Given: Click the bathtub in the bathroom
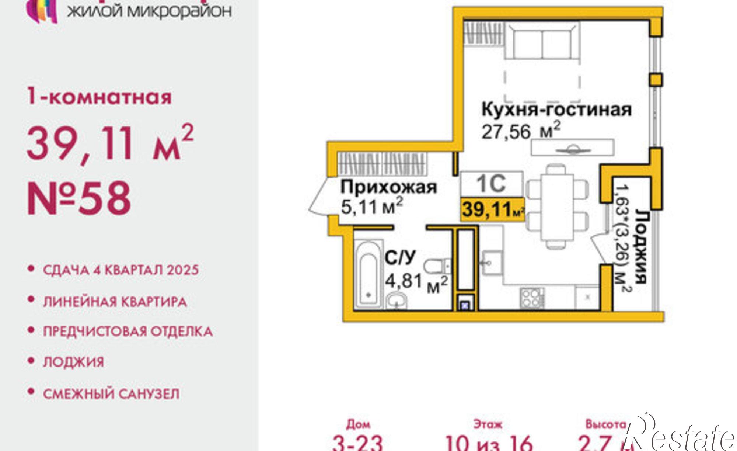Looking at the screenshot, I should pyautogui.click(x=368, y=275).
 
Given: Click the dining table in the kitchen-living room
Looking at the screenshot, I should pyautogui.click(x=556, y=207).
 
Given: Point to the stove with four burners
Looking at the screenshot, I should pyautogui.click(x=532, y=298).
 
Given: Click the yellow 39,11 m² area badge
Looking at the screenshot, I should pyautogui.click(x=492, y=209).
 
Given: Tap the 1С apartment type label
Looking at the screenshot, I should pyautogui.click(x=492, y=183).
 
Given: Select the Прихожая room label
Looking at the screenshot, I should pyautogui.click(x=388, y=187).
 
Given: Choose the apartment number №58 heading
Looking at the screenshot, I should pyautogui.click(x=79, y=198).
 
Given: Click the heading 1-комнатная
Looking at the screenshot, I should pyautogui.click(x=99, y=97).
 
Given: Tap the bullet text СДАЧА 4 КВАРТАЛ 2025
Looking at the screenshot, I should pyautogui.click(x=121, y=270).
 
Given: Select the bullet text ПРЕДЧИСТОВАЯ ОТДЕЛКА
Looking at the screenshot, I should pyautogui.click(x=128, y=331).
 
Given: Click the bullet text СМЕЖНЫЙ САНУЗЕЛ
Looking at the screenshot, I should pyautogui.click(x=111, y=394).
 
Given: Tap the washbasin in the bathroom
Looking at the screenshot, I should pyautogui.click(x=397, y=301).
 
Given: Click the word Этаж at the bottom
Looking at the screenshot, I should pyautogui.click(x=488, y=424).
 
